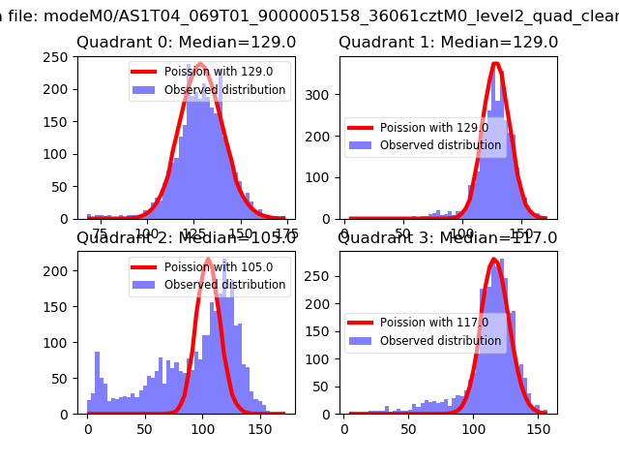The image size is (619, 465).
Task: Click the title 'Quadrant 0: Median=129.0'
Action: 186,43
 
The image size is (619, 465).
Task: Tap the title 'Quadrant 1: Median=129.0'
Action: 448,43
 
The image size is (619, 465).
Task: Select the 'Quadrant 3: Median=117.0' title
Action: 448,237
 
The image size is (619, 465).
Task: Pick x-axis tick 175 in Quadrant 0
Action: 286,233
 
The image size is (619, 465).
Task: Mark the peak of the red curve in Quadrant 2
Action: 209,259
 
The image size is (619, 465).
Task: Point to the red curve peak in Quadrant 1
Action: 495,64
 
